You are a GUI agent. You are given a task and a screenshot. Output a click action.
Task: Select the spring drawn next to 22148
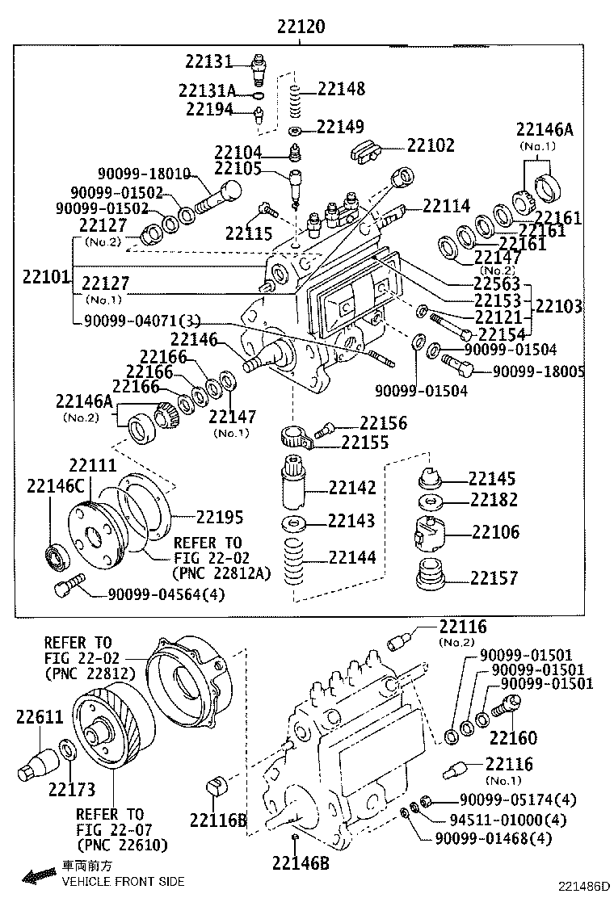coord(296,100)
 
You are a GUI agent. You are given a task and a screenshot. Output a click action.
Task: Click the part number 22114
coord(446,207)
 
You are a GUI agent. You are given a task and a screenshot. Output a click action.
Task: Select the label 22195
coord(220,516)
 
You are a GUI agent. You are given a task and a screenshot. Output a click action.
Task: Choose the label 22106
coord(495,532)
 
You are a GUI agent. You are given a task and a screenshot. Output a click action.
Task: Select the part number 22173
coord(71,789)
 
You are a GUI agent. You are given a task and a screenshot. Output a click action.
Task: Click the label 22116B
coord(218,820)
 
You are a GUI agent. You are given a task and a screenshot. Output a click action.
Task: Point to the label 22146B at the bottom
coord(300,863)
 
